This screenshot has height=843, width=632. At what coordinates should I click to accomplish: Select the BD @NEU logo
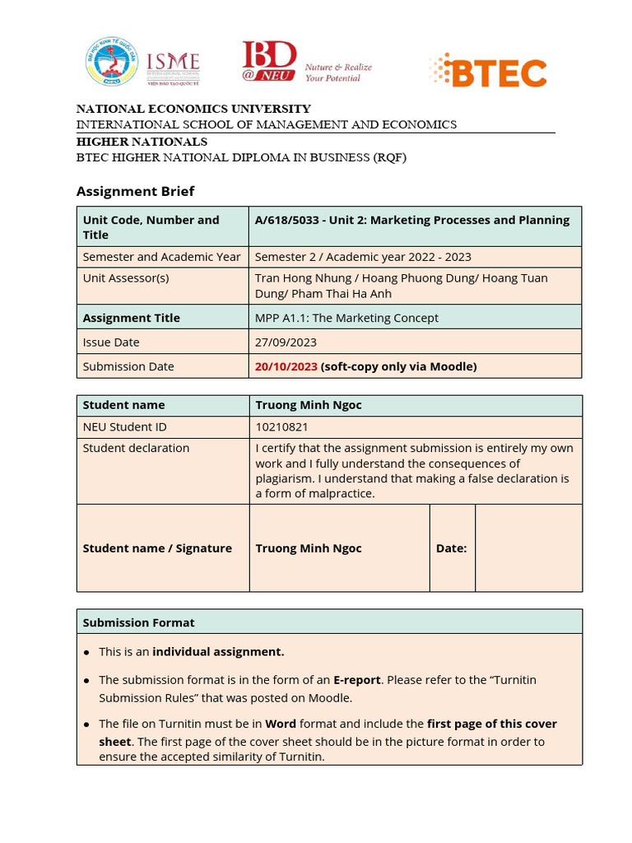point(269,63)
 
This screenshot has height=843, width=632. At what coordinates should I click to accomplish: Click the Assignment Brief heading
point(135,191)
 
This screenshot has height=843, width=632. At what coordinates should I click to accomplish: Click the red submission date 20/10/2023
point(286,366)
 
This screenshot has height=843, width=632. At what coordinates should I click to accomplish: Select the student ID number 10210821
point(282,426)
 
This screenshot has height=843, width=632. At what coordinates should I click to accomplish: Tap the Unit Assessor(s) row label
point(126,277)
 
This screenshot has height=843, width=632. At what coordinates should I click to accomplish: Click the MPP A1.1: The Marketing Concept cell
point(346,318)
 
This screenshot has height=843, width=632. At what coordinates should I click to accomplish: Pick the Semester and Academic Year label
point(161,256)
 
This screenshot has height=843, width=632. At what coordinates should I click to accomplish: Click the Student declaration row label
point(136,448)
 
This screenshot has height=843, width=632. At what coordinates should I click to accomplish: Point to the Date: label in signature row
point(451,548)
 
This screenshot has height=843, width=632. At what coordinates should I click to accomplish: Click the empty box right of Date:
point(528,548)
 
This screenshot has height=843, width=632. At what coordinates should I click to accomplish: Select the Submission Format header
point(138,622)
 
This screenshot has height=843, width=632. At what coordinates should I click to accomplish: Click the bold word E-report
point(356,680)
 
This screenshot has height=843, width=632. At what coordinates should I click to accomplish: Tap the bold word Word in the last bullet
point(281,724)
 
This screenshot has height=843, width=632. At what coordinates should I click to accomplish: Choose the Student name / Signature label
point(157,548)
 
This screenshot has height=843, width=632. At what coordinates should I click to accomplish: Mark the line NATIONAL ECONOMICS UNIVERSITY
point(193,109)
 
